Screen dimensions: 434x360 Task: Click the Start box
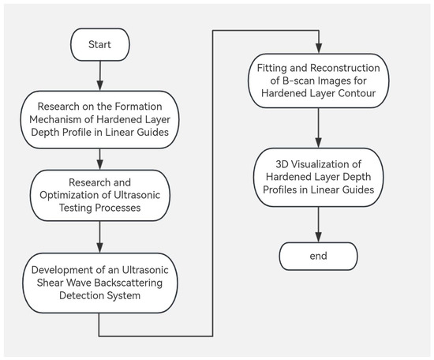[x=100, y=44]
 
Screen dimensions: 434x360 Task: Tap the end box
[x=318, y=256]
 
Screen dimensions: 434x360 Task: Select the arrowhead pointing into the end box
[x=319, y=238]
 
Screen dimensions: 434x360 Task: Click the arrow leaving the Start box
[x=100, y=76]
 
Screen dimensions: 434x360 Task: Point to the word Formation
[x=138, y=107]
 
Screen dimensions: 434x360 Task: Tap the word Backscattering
[x=129, y=283]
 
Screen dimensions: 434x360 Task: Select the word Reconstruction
[x=345, y=68]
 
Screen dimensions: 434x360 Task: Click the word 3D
[x=282, y=164]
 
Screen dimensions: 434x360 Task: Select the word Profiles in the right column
[x=280, y=189]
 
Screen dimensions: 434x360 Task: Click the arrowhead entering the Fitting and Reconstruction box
[x=319, y=48]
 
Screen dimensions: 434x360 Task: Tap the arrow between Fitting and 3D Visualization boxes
[x=319, y=128]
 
